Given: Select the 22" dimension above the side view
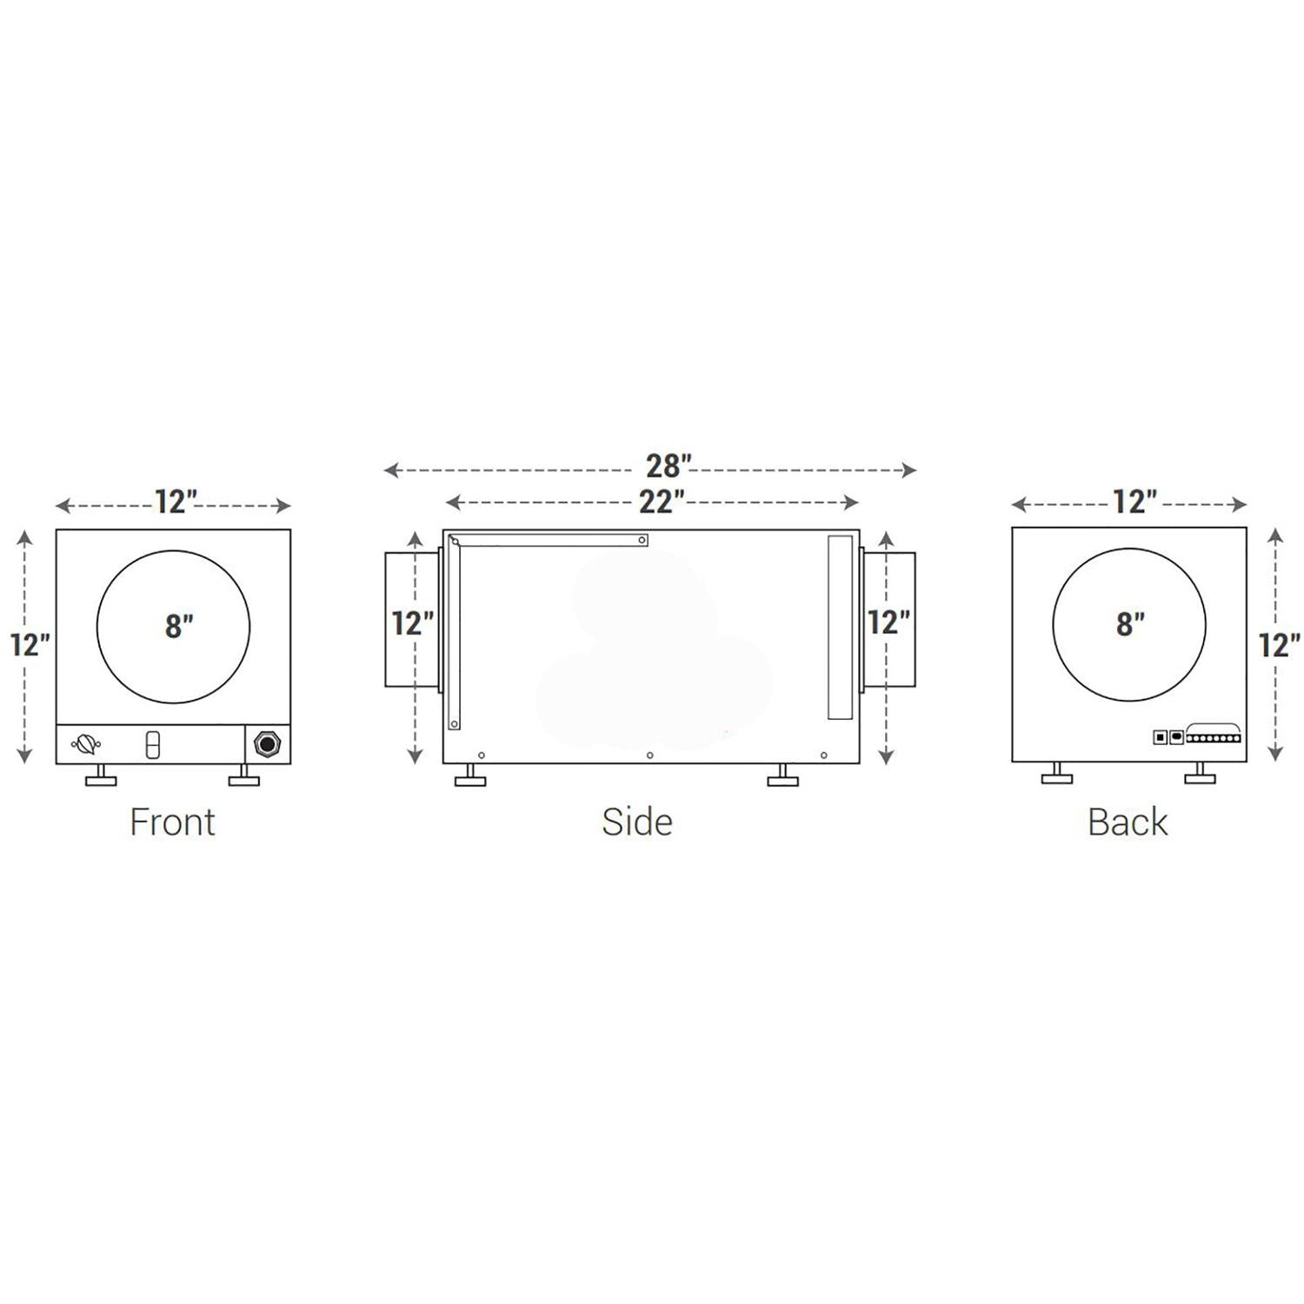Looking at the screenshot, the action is pos(662,502).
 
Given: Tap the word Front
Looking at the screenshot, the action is pos(172,822).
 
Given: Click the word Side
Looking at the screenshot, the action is pos(637,822).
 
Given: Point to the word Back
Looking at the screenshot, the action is pos(1128,822).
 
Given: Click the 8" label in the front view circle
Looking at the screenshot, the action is pos(179,626).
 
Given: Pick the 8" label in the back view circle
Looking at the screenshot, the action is pos(1130,624).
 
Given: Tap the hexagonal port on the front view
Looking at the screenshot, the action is pos(265,744).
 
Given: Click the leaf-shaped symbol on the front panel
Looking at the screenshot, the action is pos(86,745).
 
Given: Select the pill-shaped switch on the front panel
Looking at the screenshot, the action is pos(152,745).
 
